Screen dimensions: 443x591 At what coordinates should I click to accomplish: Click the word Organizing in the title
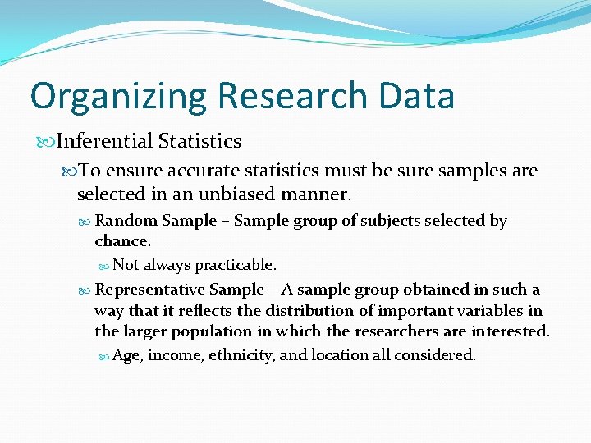(117, 96)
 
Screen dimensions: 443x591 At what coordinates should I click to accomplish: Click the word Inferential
(105, 141)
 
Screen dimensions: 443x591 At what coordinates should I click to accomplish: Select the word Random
(126, 221)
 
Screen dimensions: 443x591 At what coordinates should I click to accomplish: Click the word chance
(121, 241)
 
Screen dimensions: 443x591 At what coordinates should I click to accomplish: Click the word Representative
(150, 290)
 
